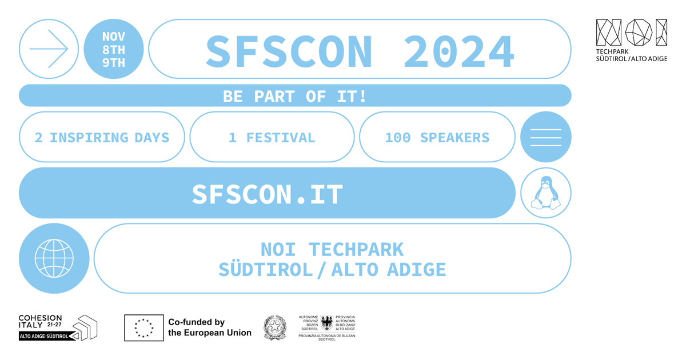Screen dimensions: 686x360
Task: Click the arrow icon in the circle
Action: click(x=49, y=49)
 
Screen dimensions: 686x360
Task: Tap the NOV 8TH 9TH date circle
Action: click(x=114, y=49)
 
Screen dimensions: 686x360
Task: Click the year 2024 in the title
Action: click(x=459, y=51)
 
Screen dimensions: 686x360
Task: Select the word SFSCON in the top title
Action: click(x=289, y=51)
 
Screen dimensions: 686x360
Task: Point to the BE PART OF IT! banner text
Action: click(x=294, y=96)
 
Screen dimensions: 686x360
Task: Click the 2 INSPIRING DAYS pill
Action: click(x=102, y=137)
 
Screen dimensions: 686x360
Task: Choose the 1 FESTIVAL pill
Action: click(x=272, y=137)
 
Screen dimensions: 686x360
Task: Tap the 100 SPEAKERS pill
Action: click(x=437, y=137)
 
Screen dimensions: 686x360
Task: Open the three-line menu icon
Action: click(x=546, y=137)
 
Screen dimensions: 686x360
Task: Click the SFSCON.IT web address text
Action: click(x=267, y=194)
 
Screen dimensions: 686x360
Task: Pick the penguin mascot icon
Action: click(x=546, y=193)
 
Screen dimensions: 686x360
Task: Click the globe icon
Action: click(x=54, y=258)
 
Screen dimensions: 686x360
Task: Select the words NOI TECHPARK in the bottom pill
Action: click(x=332, y=250)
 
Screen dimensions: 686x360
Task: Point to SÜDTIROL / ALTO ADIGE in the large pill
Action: click(x=332, y=270)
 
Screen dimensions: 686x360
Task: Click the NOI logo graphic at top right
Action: click(x=632, y=33)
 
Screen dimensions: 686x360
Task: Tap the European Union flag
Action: click(x=144, y=328)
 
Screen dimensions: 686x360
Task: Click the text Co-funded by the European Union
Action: click(x=210, y=327)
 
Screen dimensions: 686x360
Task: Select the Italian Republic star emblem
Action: click(x=275, y=328)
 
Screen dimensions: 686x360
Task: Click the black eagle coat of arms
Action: click(x=327, y=323)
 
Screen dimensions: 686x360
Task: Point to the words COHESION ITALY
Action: click(x=40, y=321)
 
